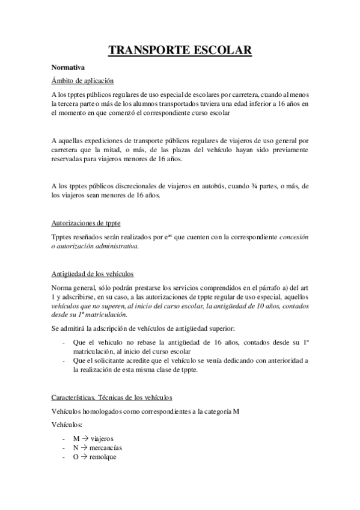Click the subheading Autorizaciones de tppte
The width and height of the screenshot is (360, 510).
[86, 224]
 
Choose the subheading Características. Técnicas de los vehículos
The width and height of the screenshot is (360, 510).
[112, 398]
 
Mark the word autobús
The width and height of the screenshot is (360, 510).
[213, 186]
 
